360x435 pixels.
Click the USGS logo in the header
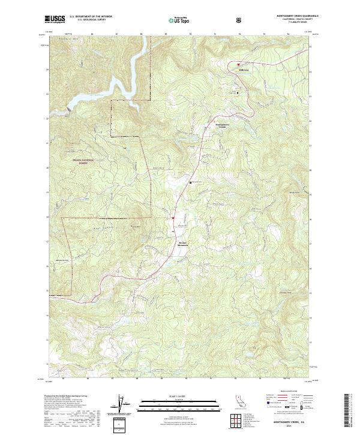pos(55,19)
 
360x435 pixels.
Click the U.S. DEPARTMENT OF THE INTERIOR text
pos(91,17)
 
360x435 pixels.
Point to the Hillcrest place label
pos(240,70)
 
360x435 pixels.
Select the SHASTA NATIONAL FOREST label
pos(84,161)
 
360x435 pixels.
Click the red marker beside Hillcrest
pos(238,64)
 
